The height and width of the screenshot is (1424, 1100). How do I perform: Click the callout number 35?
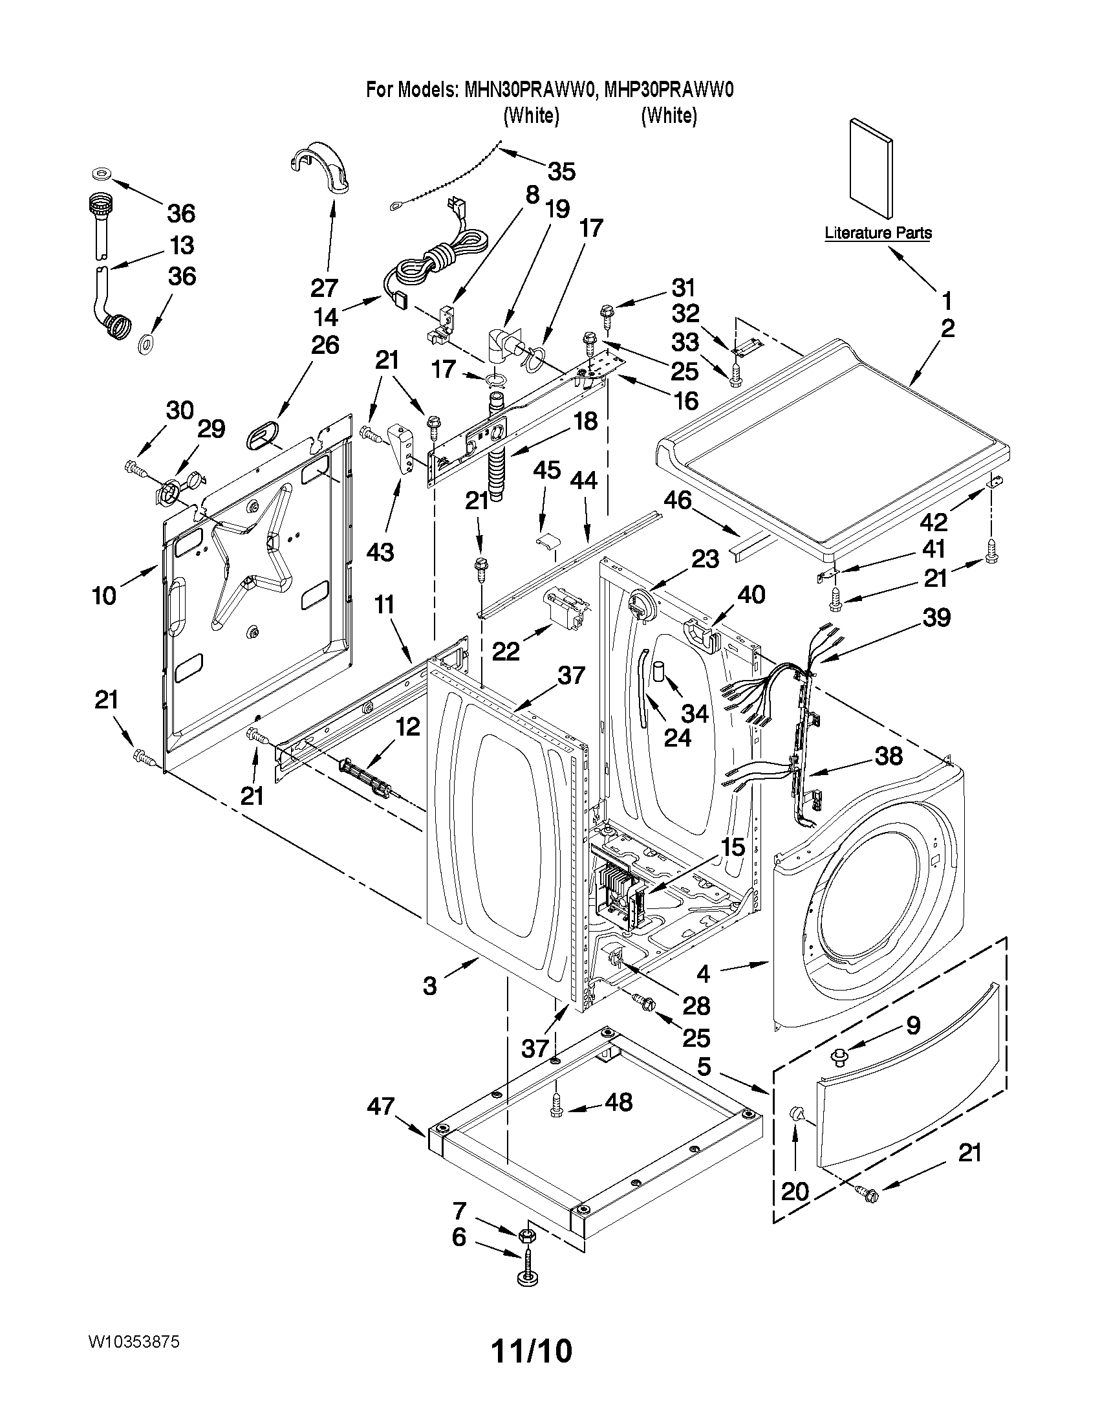click(561, 172)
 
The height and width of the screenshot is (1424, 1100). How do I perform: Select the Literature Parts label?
click(878, 233)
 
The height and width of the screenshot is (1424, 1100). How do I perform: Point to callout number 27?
click(324, 287)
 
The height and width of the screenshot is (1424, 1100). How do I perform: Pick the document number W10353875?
click(134, 1342)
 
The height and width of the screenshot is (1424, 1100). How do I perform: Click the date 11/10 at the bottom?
click(532, 1351)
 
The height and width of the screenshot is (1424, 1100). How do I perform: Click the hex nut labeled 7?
click(527, 1235)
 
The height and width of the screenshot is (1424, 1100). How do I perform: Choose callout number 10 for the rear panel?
click(104, 595)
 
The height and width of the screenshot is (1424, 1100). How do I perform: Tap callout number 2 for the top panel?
click(947, 328)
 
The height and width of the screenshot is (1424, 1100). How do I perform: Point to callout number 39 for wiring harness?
click(936, 617)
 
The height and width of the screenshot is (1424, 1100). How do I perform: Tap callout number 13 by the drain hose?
click(182, 246)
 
